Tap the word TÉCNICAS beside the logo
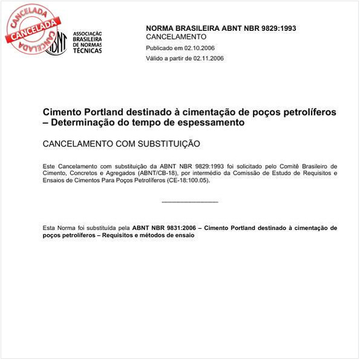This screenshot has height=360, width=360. [87, 50]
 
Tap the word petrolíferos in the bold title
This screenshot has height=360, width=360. [307, 113]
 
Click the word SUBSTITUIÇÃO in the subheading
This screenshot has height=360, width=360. [165, 144]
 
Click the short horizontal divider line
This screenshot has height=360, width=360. [190, 201]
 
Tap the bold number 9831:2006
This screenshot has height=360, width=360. [179, 228]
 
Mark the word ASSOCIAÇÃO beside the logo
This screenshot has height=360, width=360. [87, 34]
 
